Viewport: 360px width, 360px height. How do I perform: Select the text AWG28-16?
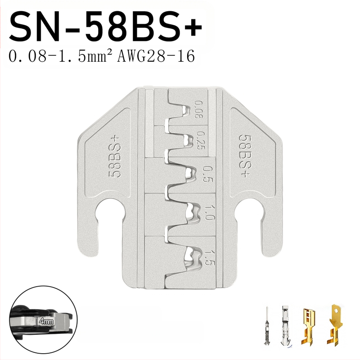pos(156,56)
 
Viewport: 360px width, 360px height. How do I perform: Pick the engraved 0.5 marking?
pos(207,174)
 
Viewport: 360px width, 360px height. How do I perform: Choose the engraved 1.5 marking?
pos(209,257)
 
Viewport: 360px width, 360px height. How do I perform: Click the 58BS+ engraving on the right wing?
pos(245,155)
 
